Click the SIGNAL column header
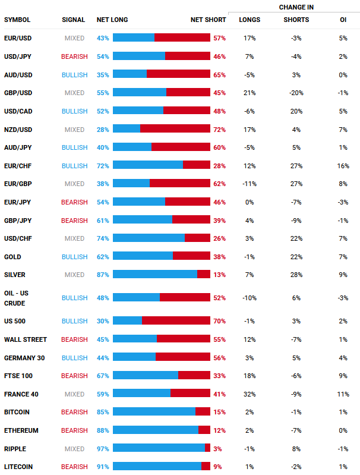[73, 20]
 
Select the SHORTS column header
[296, 20]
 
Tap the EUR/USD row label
[17, 38]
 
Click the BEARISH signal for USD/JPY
[74, 56]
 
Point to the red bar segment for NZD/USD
[175, 129]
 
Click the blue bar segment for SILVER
[154, 274]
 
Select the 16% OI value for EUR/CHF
[343, 165]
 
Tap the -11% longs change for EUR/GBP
[249, 184]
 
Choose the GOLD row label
[12, 257]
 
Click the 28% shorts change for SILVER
[296, 275]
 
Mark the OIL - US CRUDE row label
[16, 298]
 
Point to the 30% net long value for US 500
[103, 321]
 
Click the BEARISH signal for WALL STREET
[74, 339]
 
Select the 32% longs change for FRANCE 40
[249, 394]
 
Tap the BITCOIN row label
[17, 412]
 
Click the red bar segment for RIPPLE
[207, 448]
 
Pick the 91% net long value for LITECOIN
[103, 467]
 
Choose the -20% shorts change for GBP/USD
[296, 93]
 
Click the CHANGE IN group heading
[296, 7]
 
